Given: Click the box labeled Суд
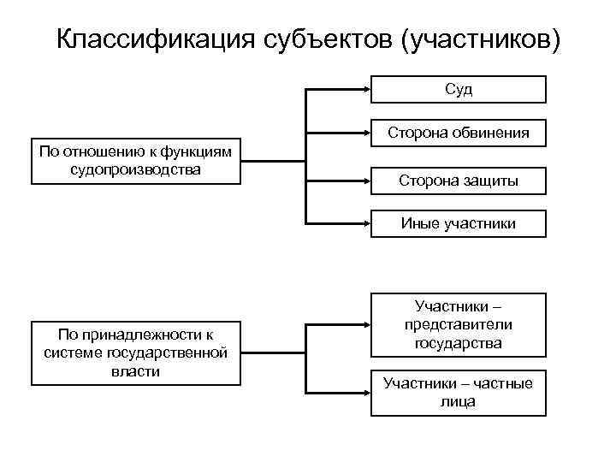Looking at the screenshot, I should tap(459, 89).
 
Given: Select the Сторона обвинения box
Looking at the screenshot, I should tap(459, 133).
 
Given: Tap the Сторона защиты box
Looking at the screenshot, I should tap(459, 180).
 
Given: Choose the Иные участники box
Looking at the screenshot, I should tap(459, 223).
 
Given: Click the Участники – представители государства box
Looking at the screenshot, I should tap(459, 324).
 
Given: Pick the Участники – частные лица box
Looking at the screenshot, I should tap(459, 392).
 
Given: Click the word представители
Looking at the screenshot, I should tap(459, 324).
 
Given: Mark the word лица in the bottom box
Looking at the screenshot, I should tap(459, 400).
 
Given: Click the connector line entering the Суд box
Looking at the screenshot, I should tap(339, 89).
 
